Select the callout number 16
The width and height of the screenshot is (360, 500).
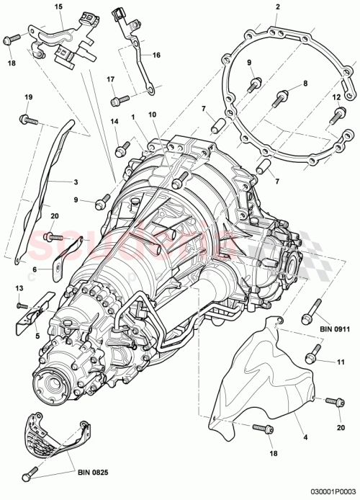click(156, 53)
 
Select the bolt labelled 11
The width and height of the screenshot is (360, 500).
click(312, 356)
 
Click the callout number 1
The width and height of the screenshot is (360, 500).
click(133, 115)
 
